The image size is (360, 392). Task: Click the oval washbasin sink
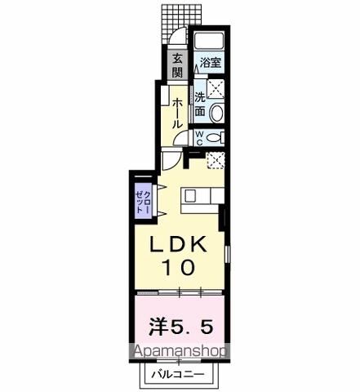tap(217, 113)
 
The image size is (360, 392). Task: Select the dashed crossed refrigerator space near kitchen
tap(216, 160)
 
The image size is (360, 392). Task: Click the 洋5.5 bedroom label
tap(180, 327)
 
